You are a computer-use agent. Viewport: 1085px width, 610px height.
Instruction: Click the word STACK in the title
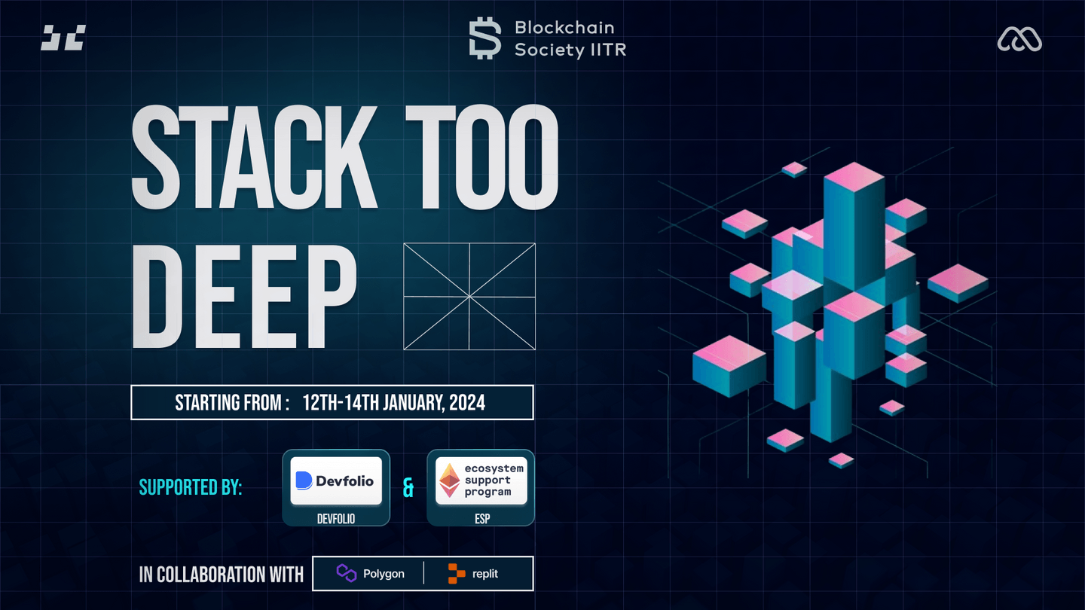[x=255, y=157]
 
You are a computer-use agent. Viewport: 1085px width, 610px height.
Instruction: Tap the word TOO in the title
[x=482, y=157]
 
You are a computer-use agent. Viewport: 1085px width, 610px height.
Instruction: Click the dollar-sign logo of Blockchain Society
[x=485, y=38]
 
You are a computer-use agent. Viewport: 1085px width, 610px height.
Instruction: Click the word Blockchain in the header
[x=564, y=28]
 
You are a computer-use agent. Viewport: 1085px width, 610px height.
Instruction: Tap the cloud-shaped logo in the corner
[x=1019, y=38]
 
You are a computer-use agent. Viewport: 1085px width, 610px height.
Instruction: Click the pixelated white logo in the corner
[x=63, y=38]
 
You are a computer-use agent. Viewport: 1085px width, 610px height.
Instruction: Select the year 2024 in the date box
[x=467, y=403]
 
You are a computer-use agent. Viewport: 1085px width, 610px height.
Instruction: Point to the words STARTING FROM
[x=228, y=403]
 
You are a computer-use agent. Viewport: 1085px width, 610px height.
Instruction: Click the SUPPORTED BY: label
[x=191, y=487]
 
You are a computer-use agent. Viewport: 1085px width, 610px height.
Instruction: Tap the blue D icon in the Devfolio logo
[x=304, y=480]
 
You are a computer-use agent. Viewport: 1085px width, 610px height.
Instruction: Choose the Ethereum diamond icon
[x=450, y=480]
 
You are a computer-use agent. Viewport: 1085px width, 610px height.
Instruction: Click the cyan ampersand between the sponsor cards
[x=408, y=488]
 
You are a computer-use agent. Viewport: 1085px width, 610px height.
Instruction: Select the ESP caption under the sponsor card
[x=482, y=519]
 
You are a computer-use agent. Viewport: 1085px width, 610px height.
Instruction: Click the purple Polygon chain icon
[x=347, y=573]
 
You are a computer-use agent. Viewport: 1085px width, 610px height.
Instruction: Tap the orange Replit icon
[x=456, y=574]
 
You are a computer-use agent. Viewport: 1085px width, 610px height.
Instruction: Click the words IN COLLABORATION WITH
[x=222, y=575]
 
